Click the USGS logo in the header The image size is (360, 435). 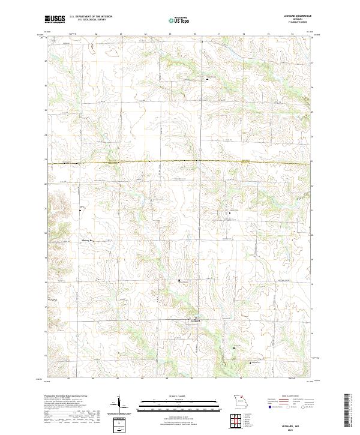(x=55, y=19)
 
